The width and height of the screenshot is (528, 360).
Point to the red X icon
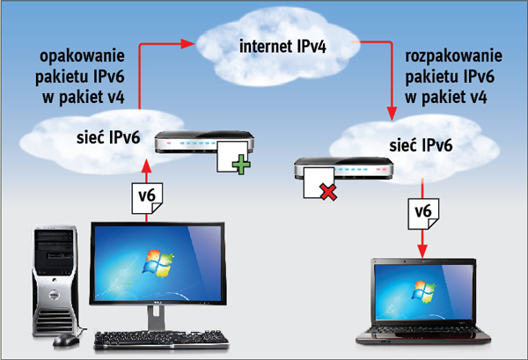click(x=327, y=191)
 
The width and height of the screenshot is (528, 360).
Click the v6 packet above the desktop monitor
click(x=147, y=195)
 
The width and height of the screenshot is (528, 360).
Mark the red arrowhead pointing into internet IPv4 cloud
click(x=189, y=41)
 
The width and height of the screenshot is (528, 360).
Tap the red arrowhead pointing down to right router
click(x=389, y=114)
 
